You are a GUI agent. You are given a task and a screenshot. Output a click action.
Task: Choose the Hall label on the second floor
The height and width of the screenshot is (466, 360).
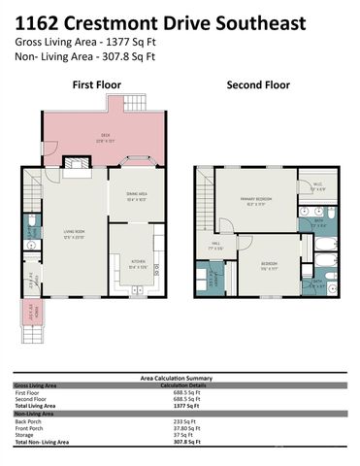[x=216, y=248]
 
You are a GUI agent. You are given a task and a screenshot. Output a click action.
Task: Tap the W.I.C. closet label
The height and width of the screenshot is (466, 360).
[x=316, y=186]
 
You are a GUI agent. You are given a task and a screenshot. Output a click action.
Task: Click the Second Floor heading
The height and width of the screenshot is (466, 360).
[x=257, y=85]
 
